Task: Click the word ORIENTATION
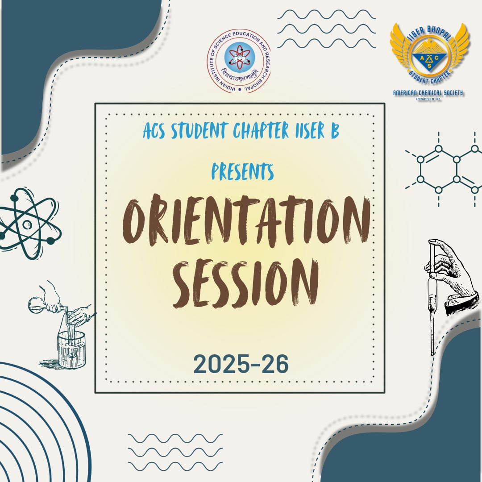pos(246,222)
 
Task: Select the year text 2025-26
pos(241,364)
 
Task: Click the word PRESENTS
pos(242,171)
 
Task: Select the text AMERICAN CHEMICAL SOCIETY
pos(428,93)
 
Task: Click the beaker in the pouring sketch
pos(71,348)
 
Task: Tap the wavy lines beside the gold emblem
pos(326,29)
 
